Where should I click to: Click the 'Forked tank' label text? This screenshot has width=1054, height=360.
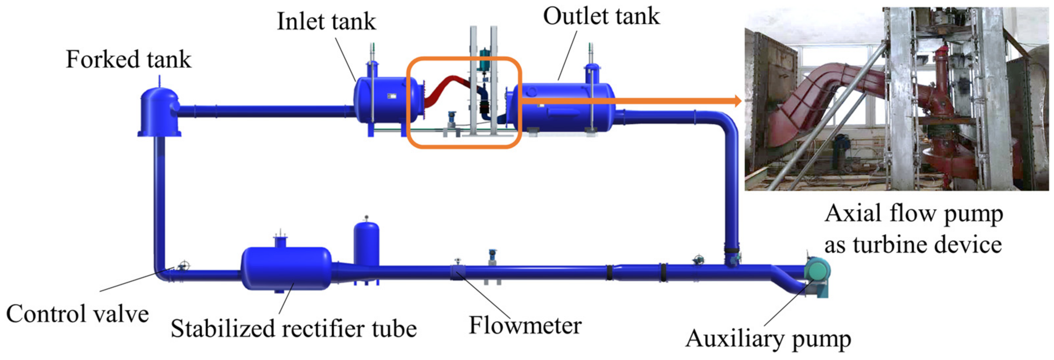[x=128, y=60]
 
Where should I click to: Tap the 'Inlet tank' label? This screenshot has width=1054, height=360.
[x=326, y=21]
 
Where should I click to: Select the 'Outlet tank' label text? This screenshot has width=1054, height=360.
[x=601, y=16]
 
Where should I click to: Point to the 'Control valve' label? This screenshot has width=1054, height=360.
[x=77, y=314]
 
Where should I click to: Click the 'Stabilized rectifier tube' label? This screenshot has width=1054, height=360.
[x=293, y=328]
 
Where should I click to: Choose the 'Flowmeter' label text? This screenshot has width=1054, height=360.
[x=525, y=326]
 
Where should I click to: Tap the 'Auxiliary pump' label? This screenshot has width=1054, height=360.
[x=768, y=339]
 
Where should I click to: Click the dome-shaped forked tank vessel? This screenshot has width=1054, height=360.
[x=159, y=110]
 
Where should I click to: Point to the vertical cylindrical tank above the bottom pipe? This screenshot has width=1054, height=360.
[x=366, y=246]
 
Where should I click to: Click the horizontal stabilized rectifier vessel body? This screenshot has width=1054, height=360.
[x=286, y=268]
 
